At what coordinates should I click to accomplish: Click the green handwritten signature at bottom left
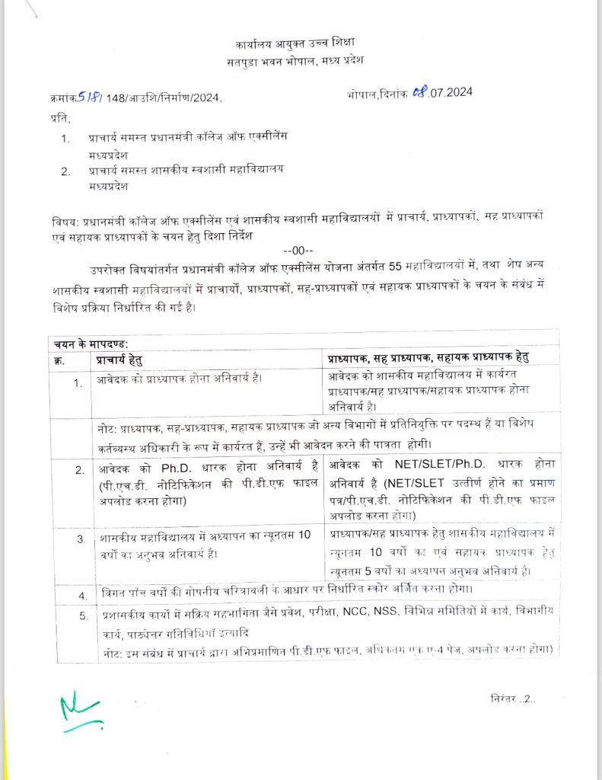[x=80, y=712]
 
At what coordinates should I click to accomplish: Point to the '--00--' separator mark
[x=293, y=251]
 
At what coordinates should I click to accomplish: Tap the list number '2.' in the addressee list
[x=66, y=171]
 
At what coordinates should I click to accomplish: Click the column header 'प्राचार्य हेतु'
[x=119, y=358]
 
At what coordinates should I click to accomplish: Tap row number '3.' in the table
[x=80, y=540]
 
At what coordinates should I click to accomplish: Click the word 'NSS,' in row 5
[x=392, y=612]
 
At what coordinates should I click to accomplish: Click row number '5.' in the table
[x=84, y=615]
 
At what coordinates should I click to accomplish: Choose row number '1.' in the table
[x=78, y=382]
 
